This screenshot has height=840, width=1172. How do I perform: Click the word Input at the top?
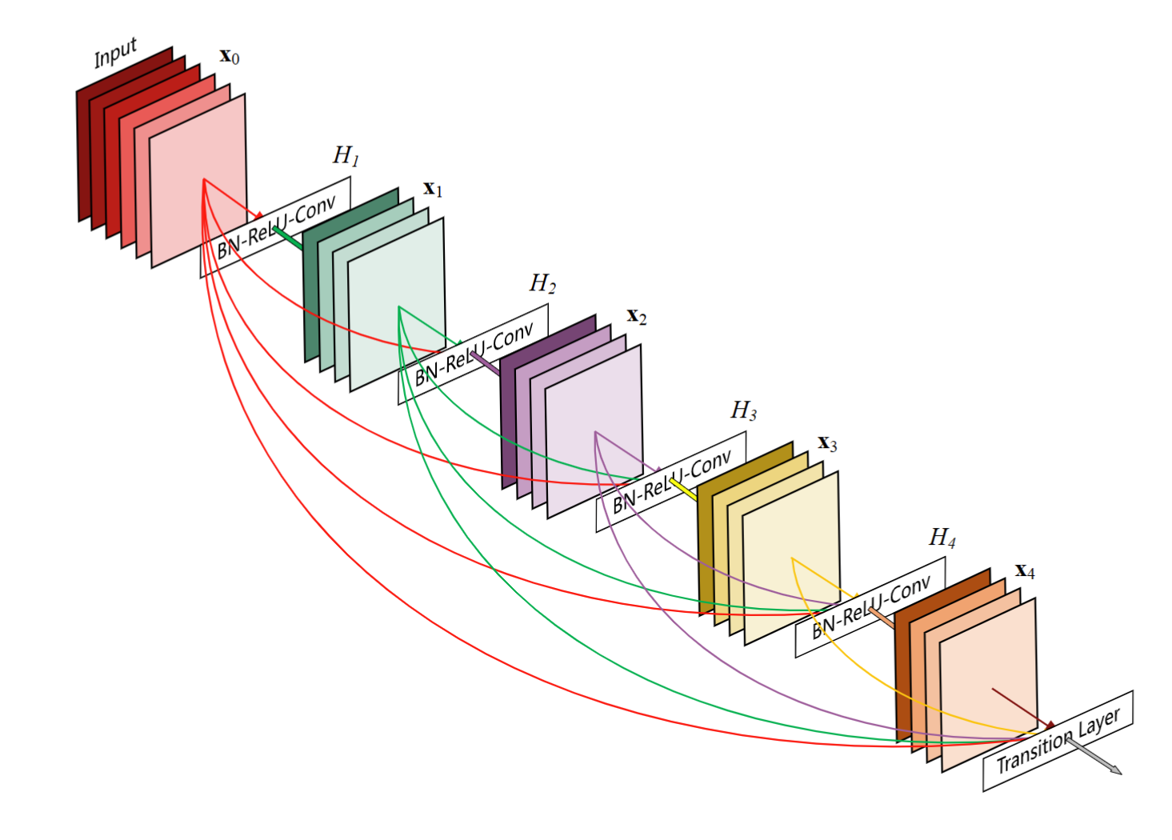point(115,53)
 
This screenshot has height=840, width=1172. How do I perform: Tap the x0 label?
point(230,57)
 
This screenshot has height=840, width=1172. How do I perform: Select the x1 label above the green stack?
point(433,189)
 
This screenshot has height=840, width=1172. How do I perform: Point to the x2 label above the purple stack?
point(637,316)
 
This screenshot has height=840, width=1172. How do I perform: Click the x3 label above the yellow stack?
point(827,444)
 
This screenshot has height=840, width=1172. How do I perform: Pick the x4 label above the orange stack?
point(1025,571)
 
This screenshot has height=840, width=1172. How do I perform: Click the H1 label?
point(346,155)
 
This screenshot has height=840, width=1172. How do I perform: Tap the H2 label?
point(543,283)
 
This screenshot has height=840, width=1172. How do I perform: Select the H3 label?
point(744,411)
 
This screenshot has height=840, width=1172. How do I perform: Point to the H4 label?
point(942,538)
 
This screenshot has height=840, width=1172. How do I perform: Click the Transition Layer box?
point(1058,742)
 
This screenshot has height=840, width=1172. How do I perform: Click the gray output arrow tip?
point(1118,773)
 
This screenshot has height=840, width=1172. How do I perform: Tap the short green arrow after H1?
point(288,238)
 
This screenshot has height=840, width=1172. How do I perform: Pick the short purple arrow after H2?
point(486,364)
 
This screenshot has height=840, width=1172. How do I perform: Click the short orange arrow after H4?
point(882,618)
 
